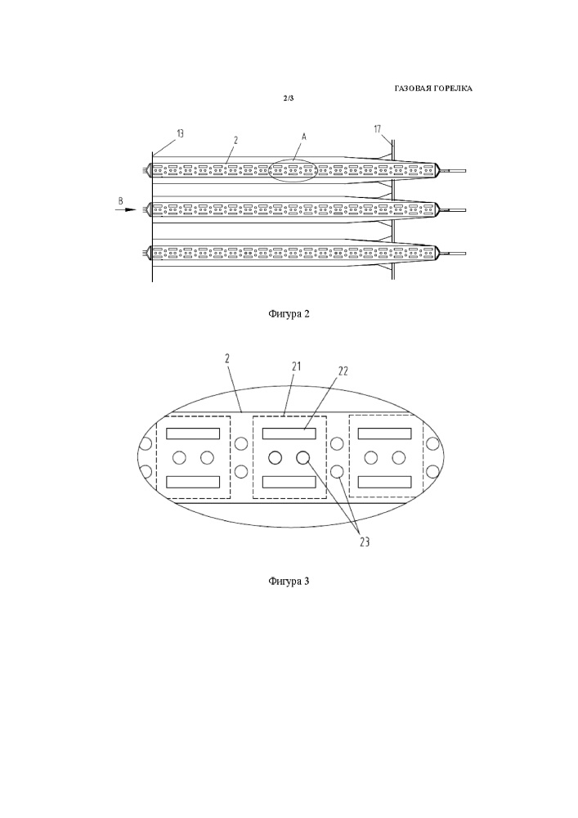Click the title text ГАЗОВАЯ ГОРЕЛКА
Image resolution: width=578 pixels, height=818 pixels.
[x=433, y=88]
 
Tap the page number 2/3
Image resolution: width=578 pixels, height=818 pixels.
[x=288, y=98]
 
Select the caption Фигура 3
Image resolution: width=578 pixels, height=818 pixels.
[x=289, y=582]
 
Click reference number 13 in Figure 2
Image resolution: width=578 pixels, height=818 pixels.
[x=180, y=133]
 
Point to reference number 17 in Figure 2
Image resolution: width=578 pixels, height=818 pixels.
[x=376, y=128]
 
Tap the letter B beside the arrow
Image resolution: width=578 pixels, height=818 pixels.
[x=121, y=200]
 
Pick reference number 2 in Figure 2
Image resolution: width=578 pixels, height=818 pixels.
[x=235, y=140]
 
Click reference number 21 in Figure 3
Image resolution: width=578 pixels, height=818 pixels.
[x=296, y=367]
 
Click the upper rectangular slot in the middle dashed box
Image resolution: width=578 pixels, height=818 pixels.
[x=289, y=433]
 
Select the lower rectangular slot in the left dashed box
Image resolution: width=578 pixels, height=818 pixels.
[x=193, y=482]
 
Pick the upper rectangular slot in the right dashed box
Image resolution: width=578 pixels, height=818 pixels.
[x=384, y=433]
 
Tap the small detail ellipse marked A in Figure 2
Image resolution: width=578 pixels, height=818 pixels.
[x=293, y=170]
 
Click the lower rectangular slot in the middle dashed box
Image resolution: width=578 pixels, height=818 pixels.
[x=289, y=482]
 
